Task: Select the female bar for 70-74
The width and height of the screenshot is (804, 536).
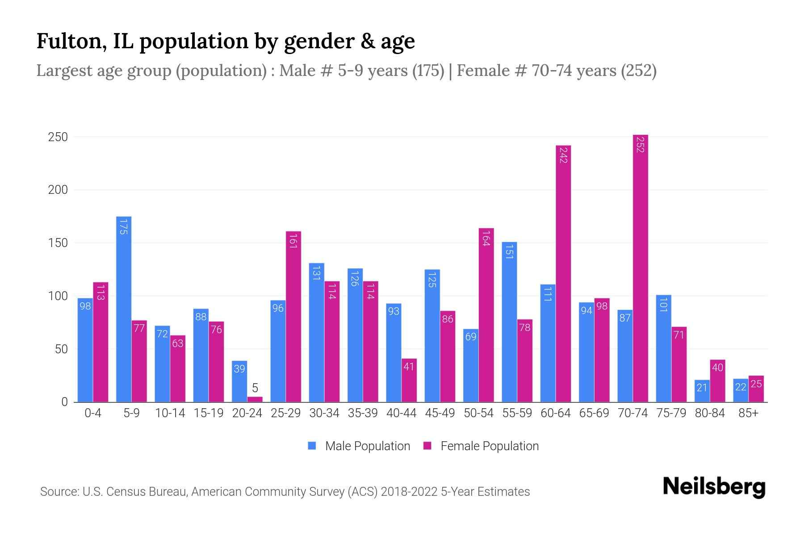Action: click(640, 268)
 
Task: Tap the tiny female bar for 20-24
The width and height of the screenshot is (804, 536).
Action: click(255, 399)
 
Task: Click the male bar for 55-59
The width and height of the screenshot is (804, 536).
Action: click(509, 322)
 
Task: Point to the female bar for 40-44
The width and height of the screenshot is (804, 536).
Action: click(409, 380)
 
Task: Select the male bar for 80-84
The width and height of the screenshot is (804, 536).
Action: click(702, 391)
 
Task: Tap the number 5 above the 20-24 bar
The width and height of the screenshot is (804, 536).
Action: click(255, 388)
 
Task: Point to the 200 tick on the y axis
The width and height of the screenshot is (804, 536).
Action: click(58, 190)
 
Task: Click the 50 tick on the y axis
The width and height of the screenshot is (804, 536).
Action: click(61, 349)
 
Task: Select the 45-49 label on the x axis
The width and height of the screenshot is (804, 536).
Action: click(440, 413)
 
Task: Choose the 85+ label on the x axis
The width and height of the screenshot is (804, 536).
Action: click(748, 413)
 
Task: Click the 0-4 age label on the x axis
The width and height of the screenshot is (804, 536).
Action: click(93, 413)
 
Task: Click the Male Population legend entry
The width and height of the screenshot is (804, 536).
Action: click(367, 446)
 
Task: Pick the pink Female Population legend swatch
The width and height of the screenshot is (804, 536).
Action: click(427, 446)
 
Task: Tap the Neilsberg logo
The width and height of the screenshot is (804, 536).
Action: click(714, 487)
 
